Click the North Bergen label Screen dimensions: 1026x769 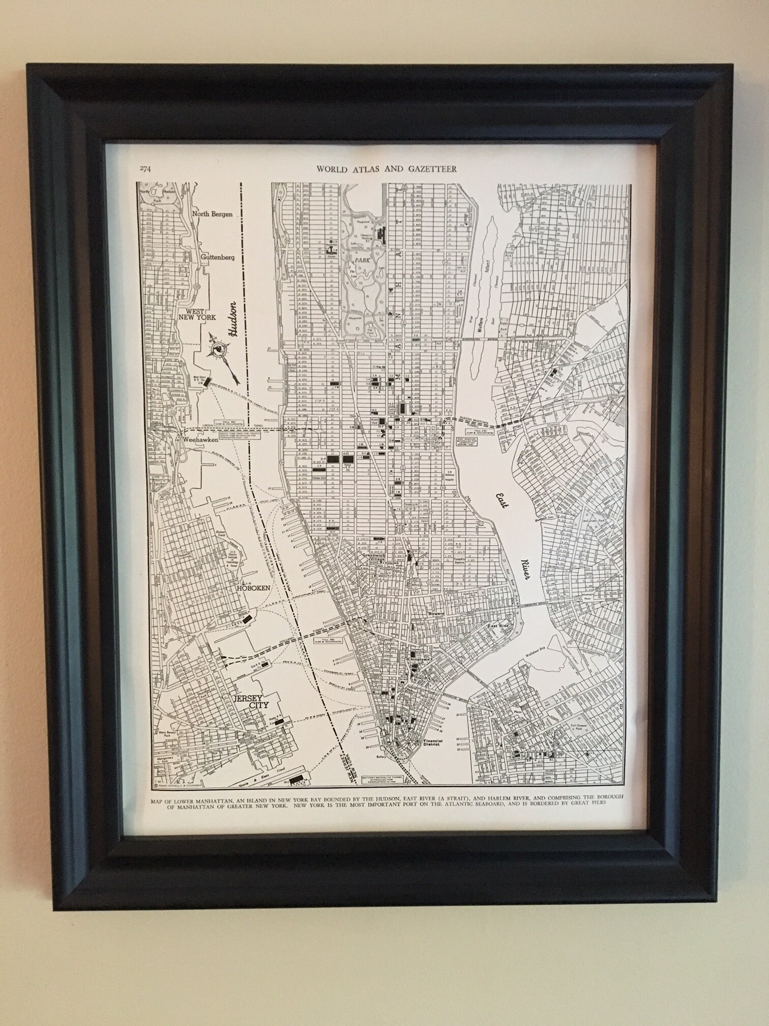[212, 214]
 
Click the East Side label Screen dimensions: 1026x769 [498, 626]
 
